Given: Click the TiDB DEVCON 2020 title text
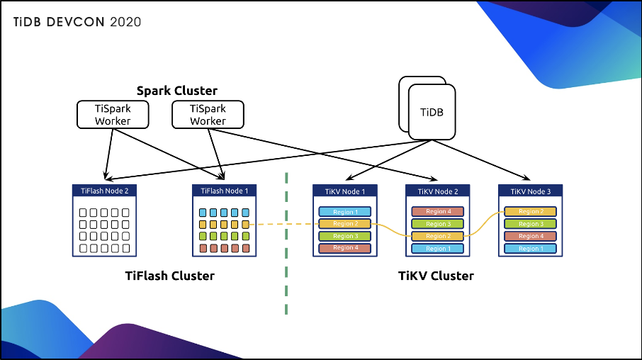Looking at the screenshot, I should (77, 22).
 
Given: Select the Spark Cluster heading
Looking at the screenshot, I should (176, 91).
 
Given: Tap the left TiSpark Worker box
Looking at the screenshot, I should (113, 114).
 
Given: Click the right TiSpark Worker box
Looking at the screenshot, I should (208, 114).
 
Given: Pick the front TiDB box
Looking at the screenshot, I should (432, 113).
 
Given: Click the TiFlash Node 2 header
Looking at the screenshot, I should (104, 191).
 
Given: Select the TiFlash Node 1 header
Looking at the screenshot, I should (225, 191).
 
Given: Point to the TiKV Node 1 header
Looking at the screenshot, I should (344, 191).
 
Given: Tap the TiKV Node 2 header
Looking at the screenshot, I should (437, 191).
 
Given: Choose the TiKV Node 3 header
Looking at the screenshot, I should (529, 191).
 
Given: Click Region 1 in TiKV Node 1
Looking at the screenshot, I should (344, 212).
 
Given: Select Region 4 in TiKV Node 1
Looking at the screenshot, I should (344, 248).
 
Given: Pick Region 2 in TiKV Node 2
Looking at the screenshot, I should (437, 236).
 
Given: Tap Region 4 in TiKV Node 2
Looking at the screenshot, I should (437, 211).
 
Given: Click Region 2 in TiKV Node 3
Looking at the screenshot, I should (529, 211).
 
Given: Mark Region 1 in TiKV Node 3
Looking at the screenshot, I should (529, 249).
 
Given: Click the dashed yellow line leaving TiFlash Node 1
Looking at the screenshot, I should (283, 224).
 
